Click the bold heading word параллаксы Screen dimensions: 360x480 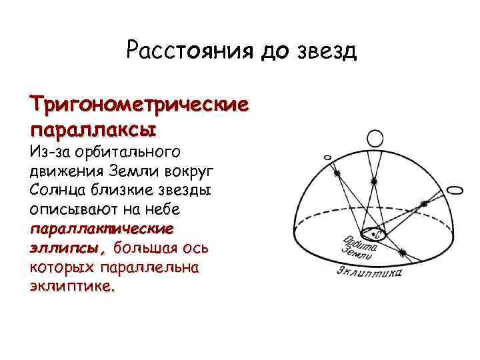93,127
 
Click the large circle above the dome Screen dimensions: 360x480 374,139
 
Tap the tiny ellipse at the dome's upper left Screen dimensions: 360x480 327,157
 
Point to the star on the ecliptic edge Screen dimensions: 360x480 403,252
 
